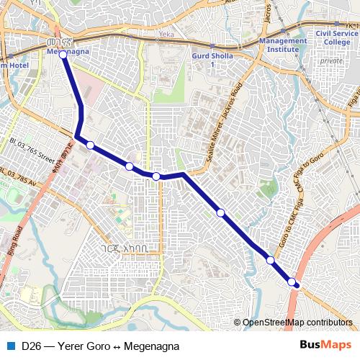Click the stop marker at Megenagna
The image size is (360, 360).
tap(63, 54)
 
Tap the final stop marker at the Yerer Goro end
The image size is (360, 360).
tap(292, 282)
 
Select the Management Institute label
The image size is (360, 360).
tap(287, 45)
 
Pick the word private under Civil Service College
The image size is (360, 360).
tap(331, 61)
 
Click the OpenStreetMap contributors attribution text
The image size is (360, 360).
tap(297, 323)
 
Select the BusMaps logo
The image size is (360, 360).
tap(325, 345)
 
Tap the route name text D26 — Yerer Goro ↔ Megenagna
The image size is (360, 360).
tap(100, 346)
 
